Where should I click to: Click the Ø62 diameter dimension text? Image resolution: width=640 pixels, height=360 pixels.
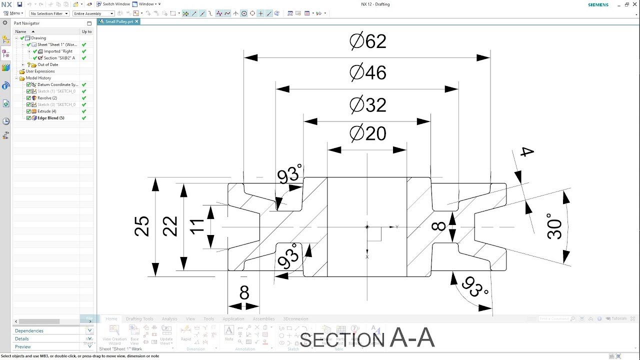click(x=368, y=41)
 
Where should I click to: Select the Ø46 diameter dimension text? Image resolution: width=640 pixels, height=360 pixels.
click(x=368, y=73)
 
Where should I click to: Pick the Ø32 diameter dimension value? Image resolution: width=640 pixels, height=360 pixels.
click(x=368, y=105)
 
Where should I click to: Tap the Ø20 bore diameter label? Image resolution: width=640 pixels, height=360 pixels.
click(x=368, y=133)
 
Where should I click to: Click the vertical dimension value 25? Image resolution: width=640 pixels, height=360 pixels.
click(x=142, y=226)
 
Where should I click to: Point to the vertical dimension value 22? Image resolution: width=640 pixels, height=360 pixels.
click(x=170, y=226)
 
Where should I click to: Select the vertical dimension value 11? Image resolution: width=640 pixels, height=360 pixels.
click(x=197, y=226)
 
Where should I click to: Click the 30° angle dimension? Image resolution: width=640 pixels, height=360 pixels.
click(x=555, y=226)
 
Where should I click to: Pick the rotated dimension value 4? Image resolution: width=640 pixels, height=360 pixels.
click(x=526, y=152)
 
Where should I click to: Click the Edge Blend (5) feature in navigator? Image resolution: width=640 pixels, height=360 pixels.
click(x=50, y=118)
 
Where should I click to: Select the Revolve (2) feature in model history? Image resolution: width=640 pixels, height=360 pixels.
click(x=47, y=98)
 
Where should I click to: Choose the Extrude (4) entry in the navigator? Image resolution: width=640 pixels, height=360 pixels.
click(x=46, y=111)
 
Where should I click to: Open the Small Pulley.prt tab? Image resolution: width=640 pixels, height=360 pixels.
click(x=119, y=22)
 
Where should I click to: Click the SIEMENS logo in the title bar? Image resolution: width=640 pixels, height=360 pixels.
click(x=598, y=4)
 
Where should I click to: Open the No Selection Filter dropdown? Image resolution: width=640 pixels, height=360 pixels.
click(x=49, y=13)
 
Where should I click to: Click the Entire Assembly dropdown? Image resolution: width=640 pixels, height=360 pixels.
click(x=93, y=13)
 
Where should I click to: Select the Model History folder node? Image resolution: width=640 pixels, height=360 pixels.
click(x=38, y=78)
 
